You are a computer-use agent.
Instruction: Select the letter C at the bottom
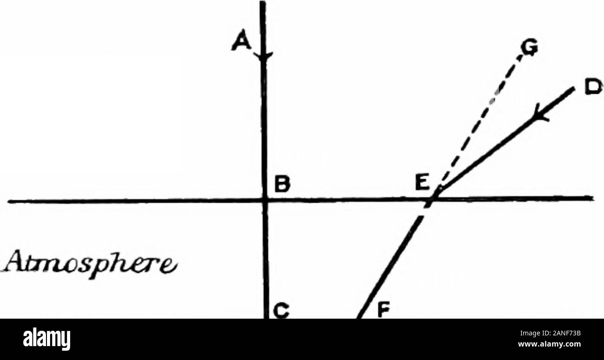click(281, 311)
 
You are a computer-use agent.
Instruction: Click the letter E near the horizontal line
click(422, 182)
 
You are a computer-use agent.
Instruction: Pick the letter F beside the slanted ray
click(383, 310)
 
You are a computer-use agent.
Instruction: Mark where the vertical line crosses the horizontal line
click(264, 200)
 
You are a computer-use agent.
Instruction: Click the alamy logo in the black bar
click(46, 340)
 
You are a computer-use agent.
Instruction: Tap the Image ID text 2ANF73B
click(550, 334)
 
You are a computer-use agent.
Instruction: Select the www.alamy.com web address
click(549, 344)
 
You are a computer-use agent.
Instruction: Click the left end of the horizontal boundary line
click(9, 201)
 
